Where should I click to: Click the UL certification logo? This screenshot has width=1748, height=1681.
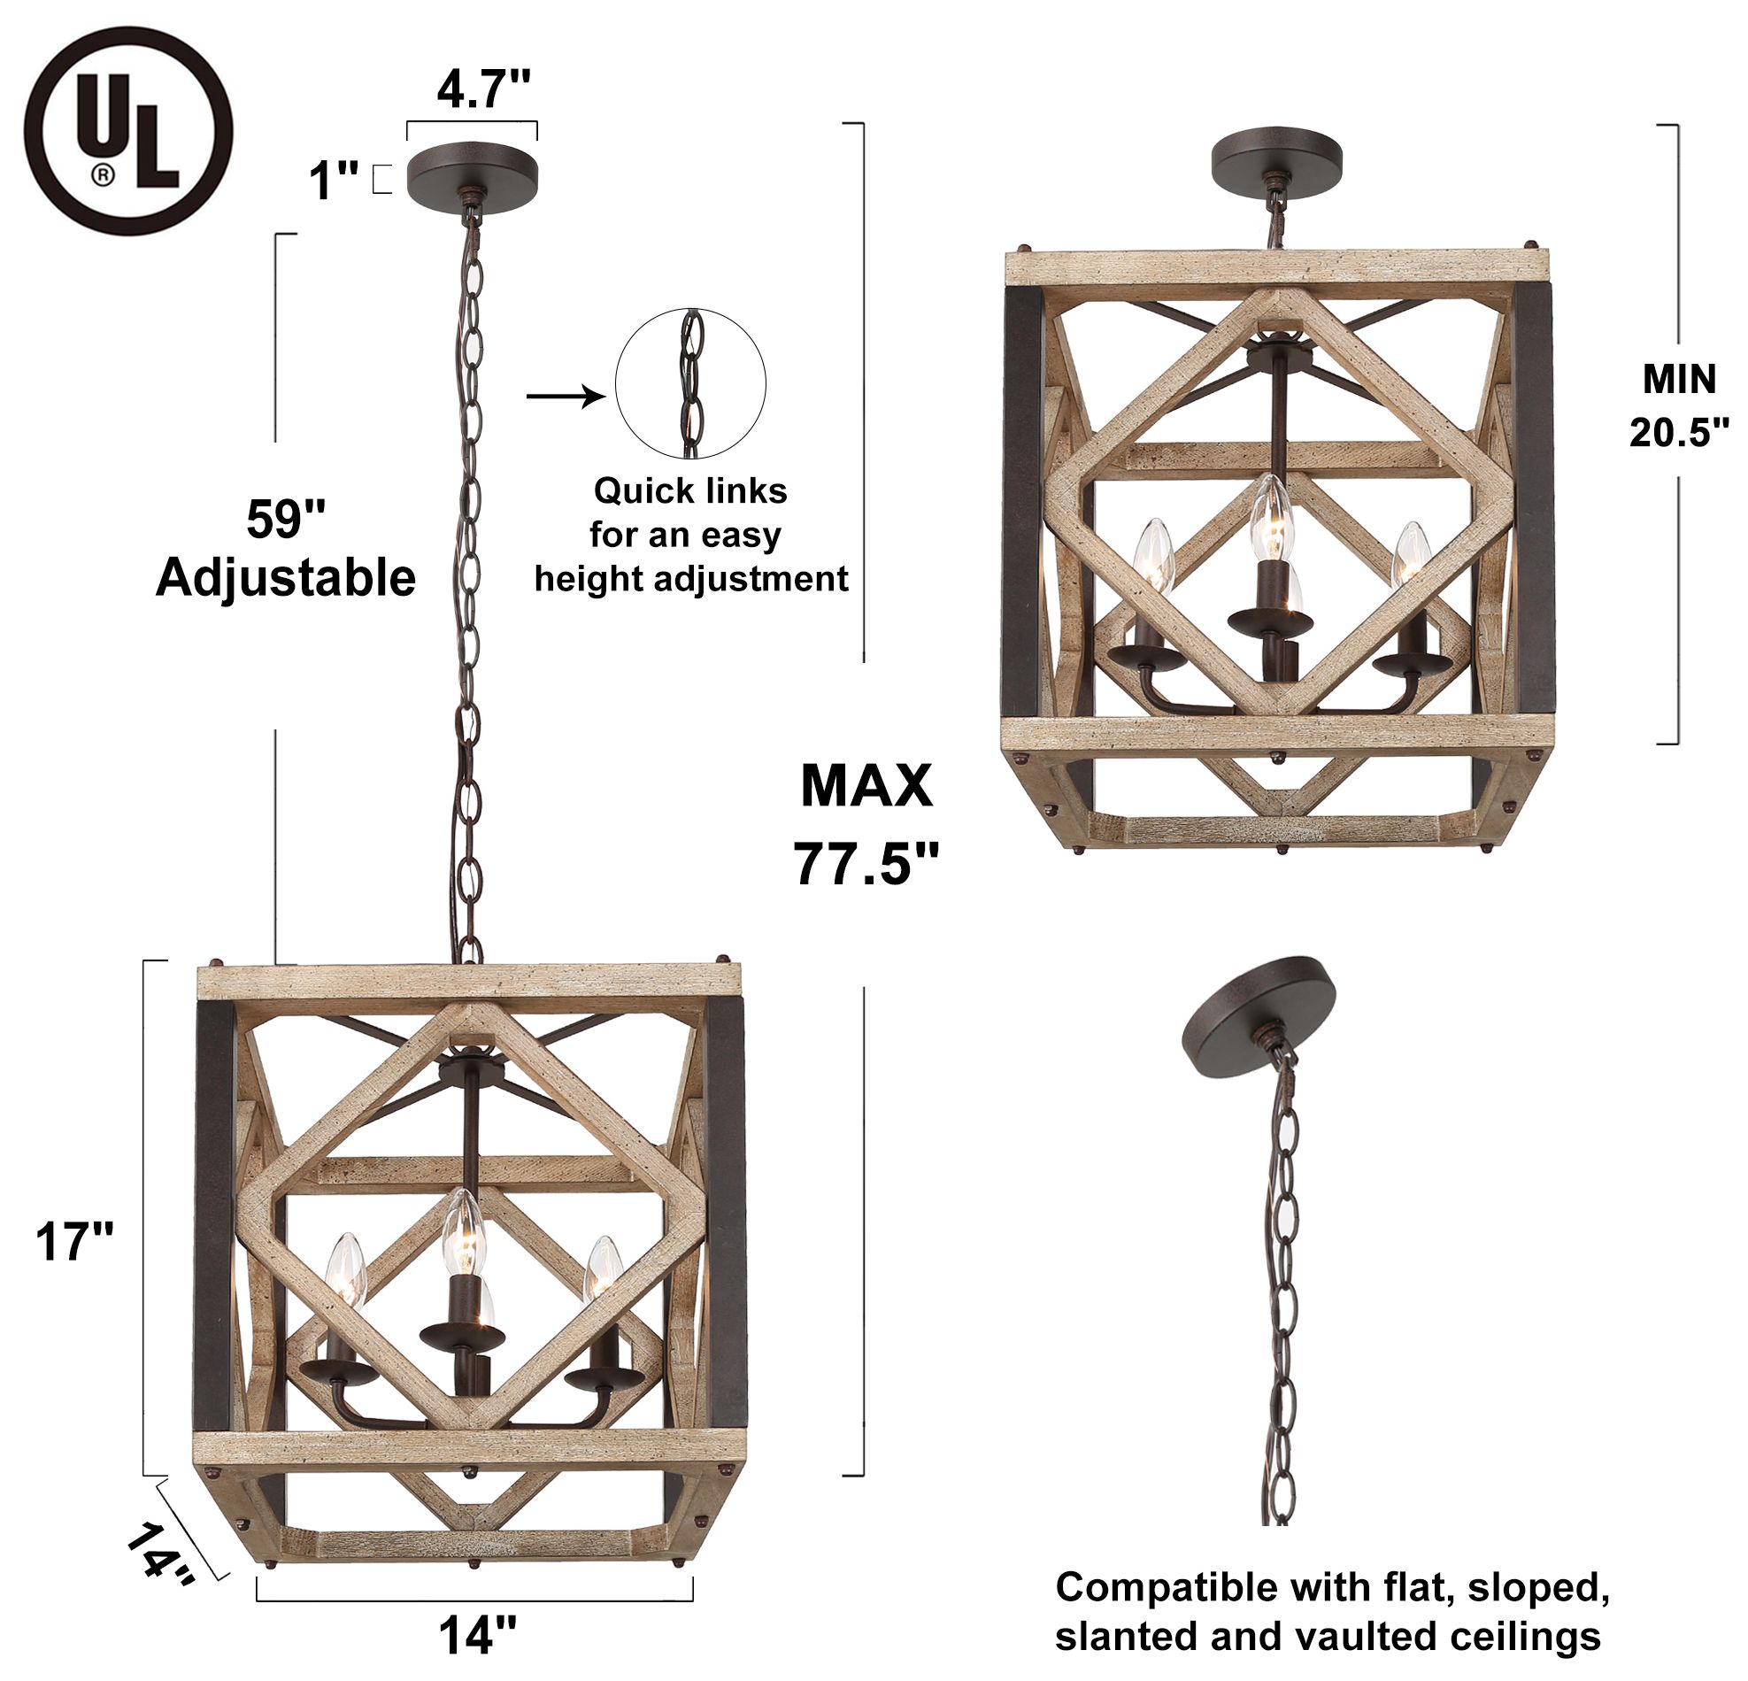128,131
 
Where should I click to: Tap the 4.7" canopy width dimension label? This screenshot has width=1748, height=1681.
483,89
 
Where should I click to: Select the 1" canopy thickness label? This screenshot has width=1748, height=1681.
333,182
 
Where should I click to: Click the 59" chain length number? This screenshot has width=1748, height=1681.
285,519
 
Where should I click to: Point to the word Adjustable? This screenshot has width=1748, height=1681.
285,578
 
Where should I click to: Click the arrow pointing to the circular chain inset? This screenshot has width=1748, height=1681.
565,394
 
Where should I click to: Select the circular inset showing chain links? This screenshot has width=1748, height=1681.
690,384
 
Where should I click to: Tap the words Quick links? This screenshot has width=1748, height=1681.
690,490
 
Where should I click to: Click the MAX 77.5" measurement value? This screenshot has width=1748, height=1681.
866,862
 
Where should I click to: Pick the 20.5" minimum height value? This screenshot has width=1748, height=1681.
1678,434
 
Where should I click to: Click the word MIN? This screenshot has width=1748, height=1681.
1678,380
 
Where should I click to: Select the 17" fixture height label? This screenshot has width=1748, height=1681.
74,1241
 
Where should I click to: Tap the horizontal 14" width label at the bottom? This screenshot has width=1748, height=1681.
477,1634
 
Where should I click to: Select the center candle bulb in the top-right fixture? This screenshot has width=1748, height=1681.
1270,520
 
